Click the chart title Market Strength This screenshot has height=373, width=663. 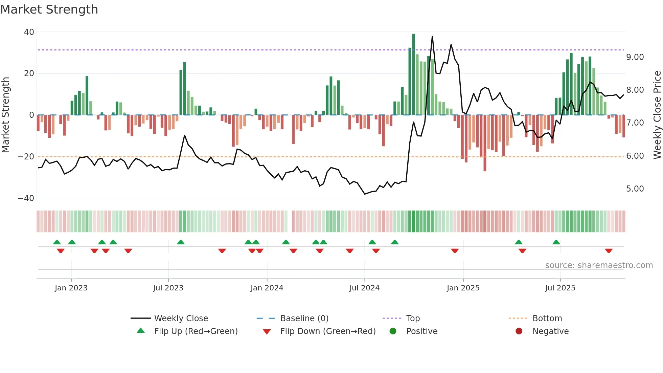(49, 9)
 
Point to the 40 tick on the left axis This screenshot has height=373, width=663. (29, 32)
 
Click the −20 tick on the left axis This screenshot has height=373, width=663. (26, 157)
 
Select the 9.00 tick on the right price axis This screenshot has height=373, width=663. (635, 57)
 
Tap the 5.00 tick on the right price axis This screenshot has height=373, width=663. (635, 189)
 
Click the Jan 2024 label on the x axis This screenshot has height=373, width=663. (267, 288)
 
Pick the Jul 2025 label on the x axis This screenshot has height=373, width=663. (560, 288)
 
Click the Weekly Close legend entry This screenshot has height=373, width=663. (181, 319)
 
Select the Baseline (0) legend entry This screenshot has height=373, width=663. (304, 319)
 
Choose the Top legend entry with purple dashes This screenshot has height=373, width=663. (413, 319)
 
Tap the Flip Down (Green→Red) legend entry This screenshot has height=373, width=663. (328, 331)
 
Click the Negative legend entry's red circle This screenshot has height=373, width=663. (519, 331)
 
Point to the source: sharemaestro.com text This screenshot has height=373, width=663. (599, 265)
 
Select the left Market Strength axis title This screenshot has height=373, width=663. (5, 115)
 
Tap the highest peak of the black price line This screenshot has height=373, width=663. (432, 37)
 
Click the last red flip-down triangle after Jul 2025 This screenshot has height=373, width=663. (609, 251)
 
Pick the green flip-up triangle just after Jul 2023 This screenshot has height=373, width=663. (181, 242)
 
